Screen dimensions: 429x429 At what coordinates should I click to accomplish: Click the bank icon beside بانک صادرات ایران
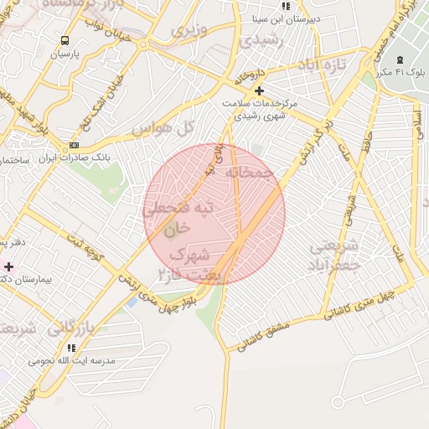pos(75,145)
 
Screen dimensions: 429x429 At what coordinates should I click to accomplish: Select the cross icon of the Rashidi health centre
pos(259,90)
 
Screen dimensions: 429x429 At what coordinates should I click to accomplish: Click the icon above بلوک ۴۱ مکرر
pos(400,59)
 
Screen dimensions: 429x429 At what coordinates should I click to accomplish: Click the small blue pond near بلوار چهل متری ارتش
pos(132,302)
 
